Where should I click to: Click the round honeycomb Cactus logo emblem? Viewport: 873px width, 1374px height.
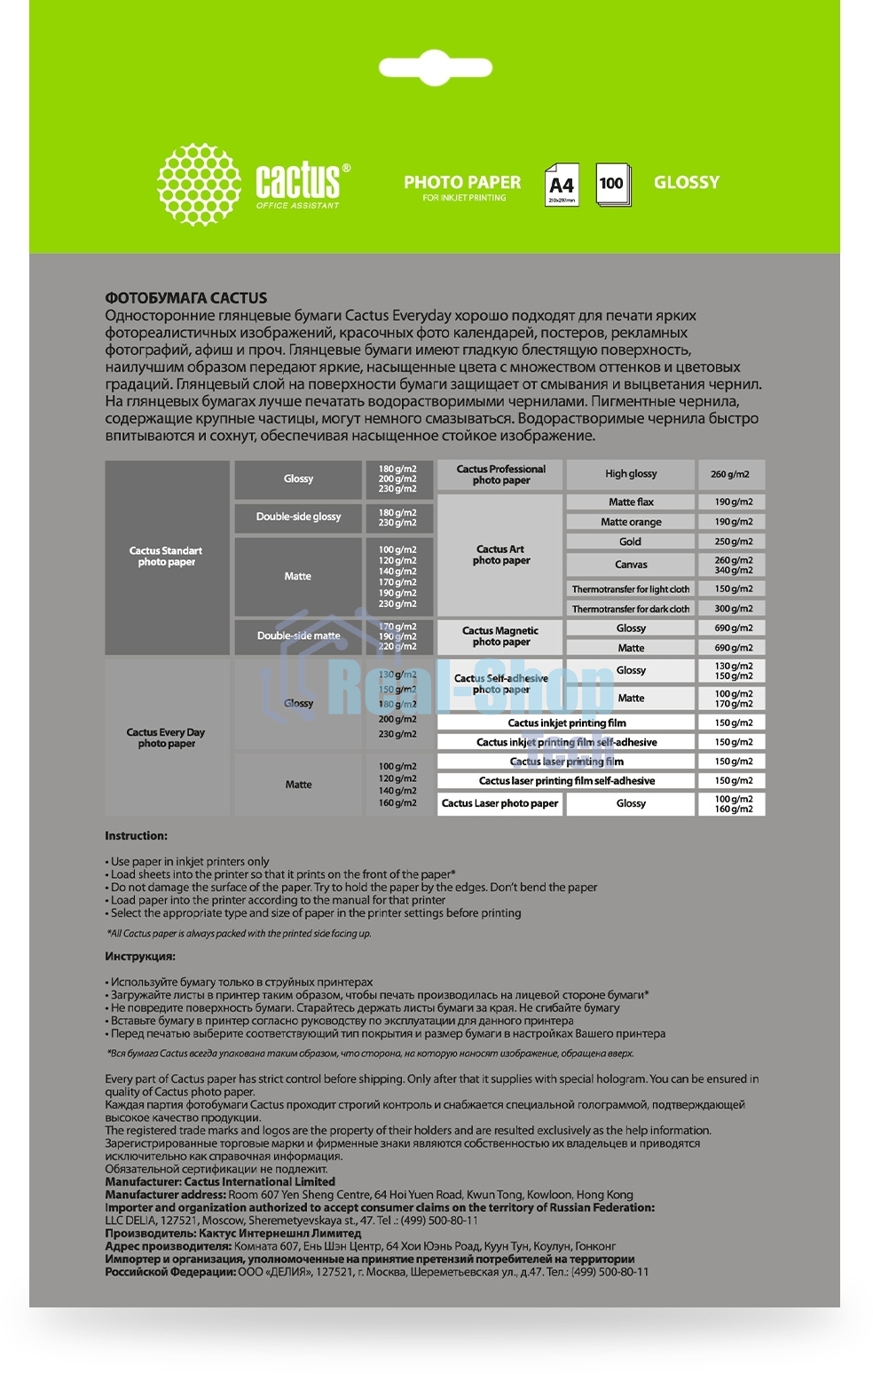pos(199,185)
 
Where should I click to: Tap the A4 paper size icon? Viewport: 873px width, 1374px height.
pos(562,185)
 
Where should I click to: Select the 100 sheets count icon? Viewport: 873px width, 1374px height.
pos(611,184)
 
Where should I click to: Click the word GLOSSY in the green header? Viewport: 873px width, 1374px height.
pos(686,182)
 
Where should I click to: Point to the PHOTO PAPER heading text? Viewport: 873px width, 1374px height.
pos(462,182)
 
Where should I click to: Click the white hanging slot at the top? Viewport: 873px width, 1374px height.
pos(435,67)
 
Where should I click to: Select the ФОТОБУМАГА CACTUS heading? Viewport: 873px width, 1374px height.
pos(186,298)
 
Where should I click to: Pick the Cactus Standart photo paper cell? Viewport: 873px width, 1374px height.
pos(167,557)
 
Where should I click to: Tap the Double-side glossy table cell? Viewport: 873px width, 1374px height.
pos(298,517)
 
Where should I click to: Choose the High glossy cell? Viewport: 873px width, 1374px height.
pos(631,474)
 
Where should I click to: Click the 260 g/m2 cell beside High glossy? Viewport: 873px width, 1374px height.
pos(730,474)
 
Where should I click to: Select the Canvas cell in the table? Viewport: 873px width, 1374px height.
pos(631,565)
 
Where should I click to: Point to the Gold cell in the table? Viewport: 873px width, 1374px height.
pos(631,541)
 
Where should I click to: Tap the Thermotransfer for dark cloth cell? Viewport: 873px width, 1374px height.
pos(631,609)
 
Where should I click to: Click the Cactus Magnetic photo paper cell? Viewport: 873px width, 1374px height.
pos(500,636)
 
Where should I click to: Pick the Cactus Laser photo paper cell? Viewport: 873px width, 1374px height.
pos(499,803)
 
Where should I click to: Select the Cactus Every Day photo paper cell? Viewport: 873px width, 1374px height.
pos(167,738)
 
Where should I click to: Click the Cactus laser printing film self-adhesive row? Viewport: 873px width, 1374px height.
pos(566,781)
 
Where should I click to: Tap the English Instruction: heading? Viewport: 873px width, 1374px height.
pos(136,836)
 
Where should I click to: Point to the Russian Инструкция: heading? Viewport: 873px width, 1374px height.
pos(140,957)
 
